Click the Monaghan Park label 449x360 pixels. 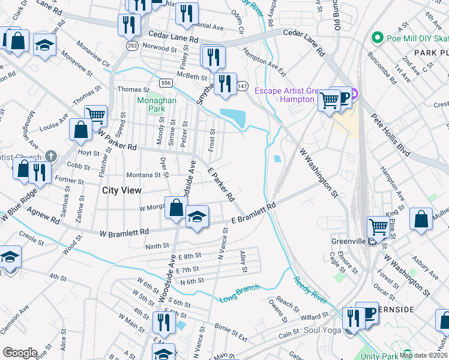157,105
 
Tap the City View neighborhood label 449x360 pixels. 122,190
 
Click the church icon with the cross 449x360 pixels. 51,157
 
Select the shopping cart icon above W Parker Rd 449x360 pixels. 95,114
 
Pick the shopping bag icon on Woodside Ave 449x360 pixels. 176,208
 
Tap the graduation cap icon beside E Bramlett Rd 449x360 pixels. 196,216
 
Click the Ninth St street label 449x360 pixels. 158,246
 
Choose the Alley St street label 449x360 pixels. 243,262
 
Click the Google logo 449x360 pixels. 20,353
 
